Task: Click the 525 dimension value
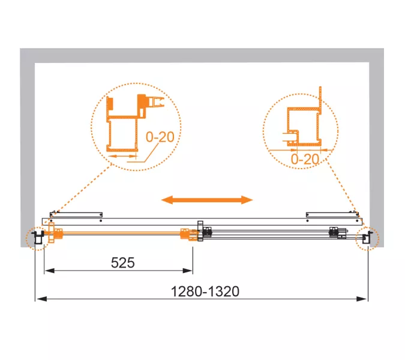(x=122, y=263)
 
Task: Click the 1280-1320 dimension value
(x=205, y=292)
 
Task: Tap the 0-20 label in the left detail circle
(x=160, y=137)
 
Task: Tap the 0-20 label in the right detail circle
(x=305, y=159)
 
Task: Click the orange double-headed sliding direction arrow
(x=207, y=200)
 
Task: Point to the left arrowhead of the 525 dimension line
(x=49, y=271)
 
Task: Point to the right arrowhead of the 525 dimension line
(x=188, y=271)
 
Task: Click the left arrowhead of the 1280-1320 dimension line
(x=41, y=299)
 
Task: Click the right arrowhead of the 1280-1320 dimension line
(x=361, y=299)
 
